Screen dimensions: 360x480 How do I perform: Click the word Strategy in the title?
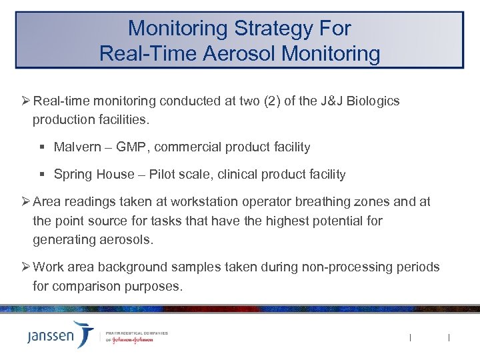point(266,29)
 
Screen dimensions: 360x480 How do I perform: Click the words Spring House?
point(93,175)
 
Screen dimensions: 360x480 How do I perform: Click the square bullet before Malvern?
point(43,147)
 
